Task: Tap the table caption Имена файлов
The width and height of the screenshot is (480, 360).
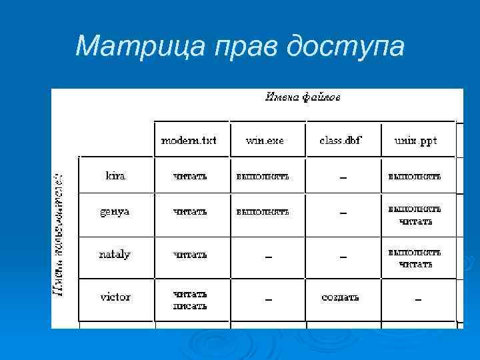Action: click(x=303, y=97)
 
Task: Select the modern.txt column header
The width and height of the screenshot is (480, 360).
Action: click(x=190, y=141)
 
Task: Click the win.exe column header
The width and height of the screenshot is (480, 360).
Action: click(x=265, y=141)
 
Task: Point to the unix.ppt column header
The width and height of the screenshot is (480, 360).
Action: click(x=415, y=141)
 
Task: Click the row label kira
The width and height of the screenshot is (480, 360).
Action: click(x=115, y=176)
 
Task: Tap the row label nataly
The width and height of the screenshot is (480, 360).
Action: click(x=115, y=255)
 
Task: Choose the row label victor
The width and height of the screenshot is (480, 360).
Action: click(x=115, y=297)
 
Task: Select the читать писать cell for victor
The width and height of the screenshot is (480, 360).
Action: click(x=190, y=300)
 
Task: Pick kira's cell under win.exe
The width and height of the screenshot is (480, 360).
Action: click(x=262, y=176)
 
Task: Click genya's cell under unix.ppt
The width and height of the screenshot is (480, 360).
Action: click(x=415, y=215)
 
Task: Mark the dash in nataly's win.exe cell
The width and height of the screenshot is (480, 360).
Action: click(x=268, y=256)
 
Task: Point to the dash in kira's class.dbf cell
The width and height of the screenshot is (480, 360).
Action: click(x=343, y=177)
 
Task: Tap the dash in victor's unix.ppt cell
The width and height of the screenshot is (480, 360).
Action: click(x=418, y=299)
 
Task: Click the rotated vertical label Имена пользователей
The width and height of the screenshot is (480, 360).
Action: click(x=60, y=233)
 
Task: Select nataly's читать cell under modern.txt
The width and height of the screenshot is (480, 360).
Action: click(x=190, y=255)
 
